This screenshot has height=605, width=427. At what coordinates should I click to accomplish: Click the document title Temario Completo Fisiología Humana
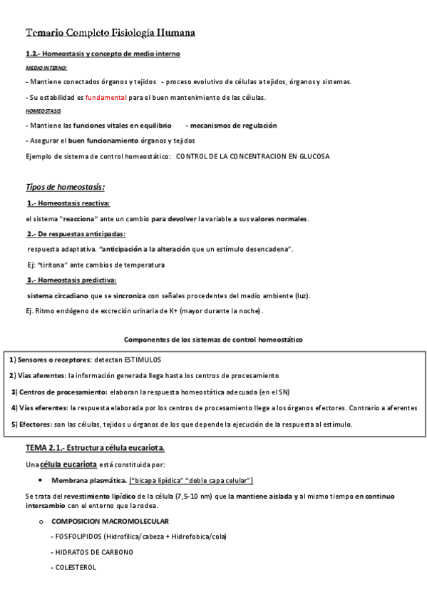[x=110, y=33]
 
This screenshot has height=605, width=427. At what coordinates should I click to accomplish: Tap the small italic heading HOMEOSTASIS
[x=43, y=111]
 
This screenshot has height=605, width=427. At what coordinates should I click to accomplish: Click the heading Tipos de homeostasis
[x=66, y=187]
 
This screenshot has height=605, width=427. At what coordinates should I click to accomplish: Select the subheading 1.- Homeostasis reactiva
[x=63, y=203]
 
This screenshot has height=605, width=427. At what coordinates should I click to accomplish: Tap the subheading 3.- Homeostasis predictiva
[x=71, y=280]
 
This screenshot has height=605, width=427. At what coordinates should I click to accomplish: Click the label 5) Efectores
[x=33, y=424]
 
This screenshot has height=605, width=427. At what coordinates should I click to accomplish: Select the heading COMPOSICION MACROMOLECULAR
[x=110, y=522]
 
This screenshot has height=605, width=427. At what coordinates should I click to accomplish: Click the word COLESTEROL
[x=75, y=568]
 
